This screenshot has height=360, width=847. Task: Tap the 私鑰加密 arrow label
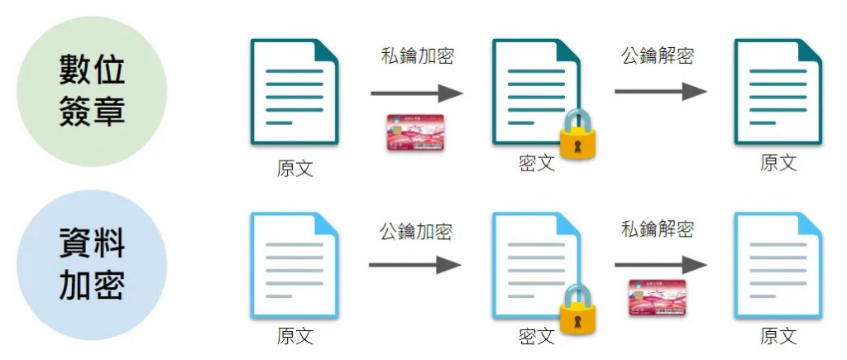[417, 56]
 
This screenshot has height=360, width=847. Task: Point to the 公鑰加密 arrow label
[416, 231]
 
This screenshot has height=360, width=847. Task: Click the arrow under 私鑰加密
[416, 92]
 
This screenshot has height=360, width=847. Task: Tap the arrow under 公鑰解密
[659, 92]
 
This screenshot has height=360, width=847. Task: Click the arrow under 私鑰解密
[659, 265]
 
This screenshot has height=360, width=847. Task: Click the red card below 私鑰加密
[415, 132]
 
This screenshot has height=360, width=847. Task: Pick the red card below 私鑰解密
[658, 300]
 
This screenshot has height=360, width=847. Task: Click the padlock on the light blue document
[578, 309]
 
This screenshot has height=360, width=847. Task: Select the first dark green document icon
[294, 91]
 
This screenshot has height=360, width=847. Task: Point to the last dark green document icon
[778, 91]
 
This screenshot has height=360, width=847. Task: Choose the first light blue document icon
[294, 265]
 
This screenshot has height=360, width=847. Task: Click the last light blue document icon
[778, 265]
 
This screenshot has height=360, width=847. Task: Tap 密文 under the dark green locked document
[536, 163]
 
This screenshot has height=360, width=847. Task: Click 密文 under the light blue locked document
[536, 337]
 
